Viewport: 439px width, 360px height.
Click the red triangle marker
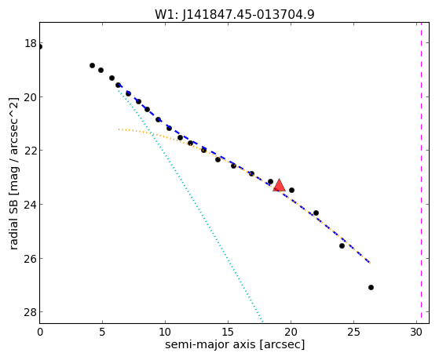tap(279, 185)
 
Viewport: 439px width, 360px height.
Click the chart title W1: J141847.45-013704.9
tap(235, 15)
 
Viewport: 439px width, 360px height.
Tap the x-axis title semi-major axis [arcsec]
tap(235, 344)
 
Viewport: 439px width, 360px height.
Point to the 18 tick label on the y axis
tap(31, 43)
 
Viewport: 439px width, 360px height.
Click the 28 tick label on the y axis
tap(31, 312)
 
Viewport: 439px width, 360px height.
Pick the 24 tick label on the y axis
tap(31, 205)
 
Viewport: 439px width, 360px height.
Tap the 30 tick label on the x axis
tap(416, 332)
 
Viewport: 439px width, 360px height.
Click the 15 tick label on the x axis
tap(228, 332)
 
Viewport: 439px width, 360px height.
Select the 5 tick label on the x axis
tap(102, 332)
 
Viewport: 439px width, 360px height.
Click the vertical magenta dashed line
tap(421, 173)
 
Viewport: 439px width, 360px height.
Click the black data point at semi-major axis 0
tap(40, 47)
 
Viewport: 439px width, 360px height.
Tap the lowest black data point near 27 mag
tap(371, 287)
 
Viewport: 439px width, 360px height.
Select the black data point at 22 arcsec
tap(316, 213)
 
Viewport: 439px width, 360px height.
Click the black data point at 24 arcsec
tap(342, 245)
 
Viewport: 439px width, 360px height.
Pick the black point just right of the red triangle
tap(291, 191)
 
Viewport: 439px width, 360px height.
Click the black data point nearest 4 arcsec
tap(92, 65)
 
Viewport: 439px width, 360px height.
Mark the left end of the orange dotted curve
tap(119, 129)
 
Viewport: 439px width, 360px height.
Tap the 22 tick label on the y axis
tap(31, 151)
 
